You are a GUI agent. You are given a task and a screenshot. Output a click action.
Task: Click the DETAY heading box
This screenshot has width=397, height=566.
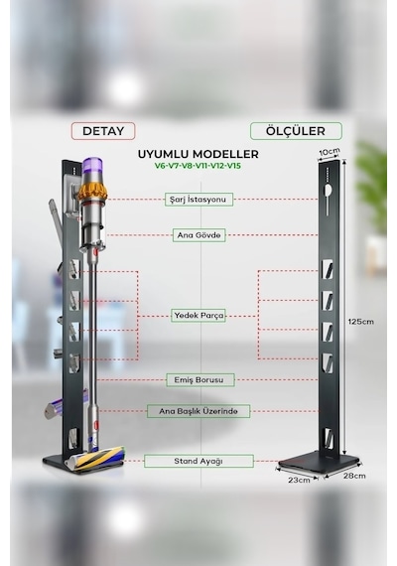click(103, 131)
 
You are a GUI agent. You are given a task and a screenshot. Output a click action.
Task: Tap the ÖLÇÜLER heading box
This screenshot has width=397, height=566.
click(296, 131)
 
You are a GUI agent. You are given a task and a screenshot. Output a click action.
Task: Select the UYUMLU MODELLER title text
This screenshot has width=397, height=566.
click(198, 154)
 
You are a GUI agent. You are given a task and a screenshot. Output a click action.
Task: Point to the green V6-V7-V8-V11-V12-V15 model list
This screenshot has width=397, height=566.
click(198, 166)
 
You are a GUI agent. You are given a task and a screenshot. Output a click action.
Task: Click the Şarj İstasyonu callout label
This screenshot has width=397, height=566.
click(198, 200)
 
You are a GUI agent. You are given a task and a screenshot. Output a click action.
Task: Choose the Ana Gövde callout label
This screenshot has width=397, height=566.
click(198, 235)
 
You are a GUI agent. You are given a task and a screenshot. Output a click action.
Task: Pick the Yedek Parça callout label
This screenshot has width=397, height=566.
click(198, 316)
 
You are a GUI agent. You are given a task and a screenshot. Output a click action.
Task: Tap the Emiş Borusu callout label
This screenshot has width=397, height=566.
click(200, 380)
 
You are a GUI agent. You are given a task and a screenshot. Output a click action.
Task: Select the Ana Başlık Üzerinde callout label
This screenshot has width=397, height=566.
click(198, 411)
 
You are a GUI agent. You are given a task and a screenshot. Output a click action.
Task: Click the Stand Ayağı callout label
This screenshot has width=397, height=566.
click(198, 461)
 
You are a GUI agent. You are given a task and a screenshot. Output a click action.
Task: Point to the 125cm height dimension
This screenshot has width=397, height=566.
click(361, 322)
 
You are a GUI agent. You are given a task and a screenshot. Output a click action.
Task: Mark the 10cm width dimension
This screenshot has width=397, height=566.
click(330, 152)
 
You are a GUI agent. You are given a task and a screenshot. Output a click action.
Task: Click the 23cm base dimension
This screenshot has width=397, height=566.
click(299, 480)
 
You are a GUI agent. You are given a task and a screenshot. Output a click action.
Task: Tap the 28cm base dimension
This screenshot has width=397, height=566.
click(354, 476)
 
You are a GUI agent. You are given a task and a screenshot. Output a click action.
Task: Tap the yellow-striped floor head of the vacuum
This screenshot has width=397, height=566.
click(94, 459)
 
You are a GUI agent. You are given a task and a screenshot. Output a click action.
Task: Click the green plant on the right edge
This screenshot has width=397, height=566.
click(372, 188)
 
